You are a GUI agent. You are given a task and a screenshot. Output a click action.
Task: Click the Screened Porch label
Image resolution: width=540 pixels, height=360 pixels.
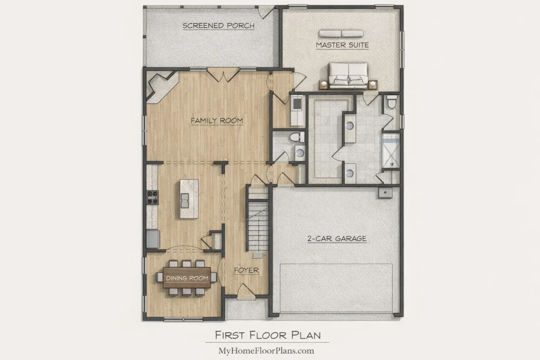(218, 26)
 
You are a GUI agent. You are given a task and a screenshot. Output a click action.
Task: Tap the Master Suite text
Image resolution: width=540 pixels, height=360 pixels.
(342, 45)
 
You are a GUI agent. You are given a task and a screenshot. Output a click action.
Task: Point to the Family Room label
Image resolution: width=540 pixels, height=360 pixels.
(216, 121)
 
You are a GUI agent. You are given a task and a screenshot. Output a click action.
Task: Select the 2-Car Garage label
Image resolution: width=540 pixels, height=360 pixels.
(337, 238)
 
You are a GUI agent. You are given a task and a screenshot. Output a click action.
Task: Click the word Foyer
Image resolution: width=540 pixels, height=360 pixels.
(246, 271)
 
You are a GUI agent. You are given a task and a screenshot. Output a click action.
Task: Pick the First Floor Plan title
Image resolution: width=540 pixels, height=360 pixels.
(268, 335)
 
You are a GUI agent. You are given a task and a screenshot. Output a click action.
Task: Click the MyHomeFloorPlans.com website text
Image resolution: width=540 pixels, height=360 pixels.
(266, 351)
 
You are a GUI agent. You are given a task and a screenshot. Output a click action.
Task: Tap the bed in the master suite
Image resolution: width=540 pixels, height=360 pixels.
(348, 75)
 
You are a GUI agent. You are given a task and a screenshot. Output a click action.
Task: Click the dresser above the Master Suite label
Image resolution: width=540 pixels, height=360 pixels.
(341, 33)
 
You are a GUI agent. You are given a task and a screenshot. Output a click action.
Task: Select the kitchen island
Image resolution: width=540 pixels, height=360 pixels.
(189, 199)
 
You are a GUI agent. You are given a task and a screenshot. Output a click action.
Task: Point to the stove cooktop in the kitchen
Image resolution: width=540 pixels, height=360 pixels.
(152, 197)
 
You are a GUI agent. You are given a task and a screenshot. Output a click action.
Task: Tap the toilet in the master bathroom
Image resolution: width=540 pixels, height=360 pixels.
(392, 102)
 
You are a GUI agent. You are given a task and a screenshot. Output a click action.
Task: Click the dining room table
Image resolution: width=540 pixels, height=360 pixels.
(187, 277)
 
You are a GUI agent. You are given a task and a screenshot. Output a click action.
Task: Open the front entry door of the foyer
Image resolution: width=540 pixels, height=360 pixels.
(246, 291)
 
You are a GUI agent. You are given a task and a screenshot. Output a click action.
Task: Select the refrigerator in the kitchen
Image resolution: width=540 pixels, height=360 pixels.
(153, 239)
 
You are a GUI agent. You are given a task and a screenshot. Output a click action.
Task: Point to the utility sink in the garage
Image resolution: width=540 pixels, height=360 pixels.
(385, 193)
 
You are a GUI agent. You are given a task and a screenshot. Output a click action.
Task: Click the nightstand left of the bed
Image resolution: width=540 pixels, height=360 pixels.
(324, 84)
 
